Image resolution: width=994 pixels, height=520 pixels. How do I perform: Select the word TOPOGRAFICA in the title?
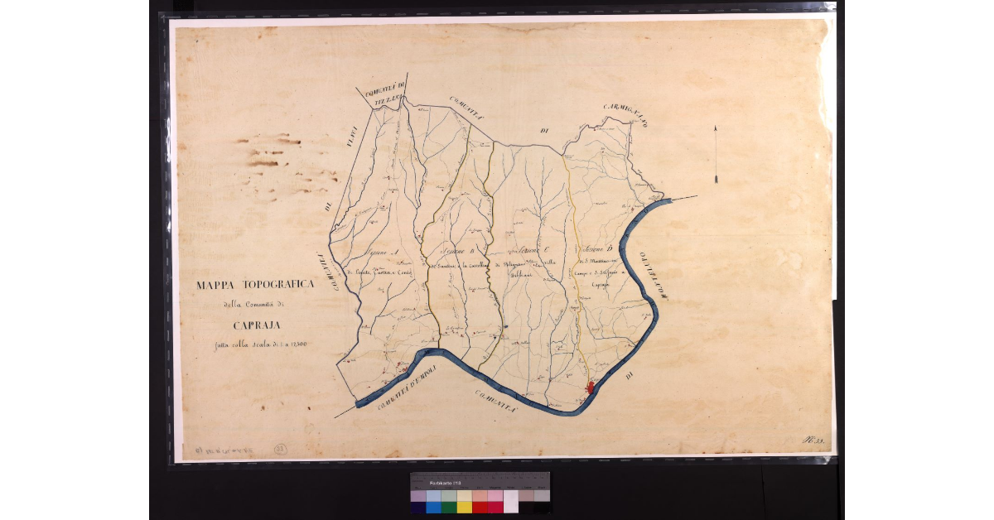(x=274, y=285)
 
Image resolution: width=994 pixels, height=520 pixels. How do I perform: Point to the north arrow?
(x=714, y=156)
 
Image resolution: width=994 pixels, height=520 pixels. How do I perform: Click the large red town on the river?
(x=590, y=388)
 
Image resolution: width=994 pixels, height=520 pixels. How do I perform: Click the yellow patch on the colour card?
(x=464, y=507)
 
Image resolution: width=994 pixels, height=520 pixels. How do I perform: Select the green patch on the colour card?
(x=448, y=507)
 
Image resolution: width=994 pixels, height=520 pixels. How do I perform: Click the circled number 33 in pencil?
(x=281, y=449)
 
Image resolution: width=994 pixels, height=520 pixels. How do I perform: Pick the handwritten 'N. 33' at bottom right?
(x=813, y=440)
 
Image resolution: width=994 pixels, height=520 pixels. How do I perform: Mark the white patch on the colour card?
(x=511, y=502)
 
